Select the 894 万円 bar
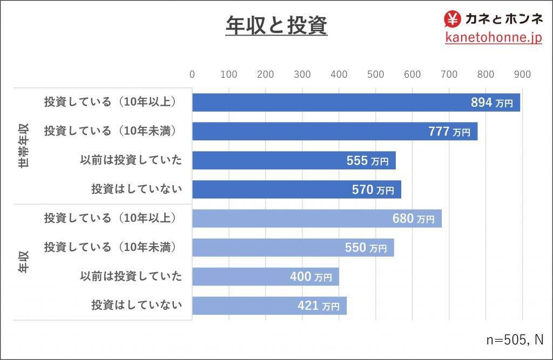coord(356,102)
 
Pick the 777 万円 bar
coord(334,131)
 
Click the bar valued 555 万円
coord(294,160)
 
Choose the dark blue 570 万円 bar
coord(296,189)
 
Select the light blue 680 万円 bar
coord(316,219)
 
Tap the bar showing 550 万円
coord(293,248)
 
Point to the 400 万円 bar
coord(265,277)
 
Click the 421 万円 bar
coord(269,306)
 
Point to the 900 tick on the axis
coord(522,74)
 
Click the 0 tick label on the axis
coord(192,74)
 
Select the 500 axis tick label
coord(376,74)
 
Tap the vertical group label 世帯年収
coord(24,146)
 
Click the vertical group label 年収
coord(24,262)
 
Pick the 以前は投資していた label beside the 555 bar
coord(131,160)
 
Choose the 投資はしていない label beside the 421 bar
coord(137,305)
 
